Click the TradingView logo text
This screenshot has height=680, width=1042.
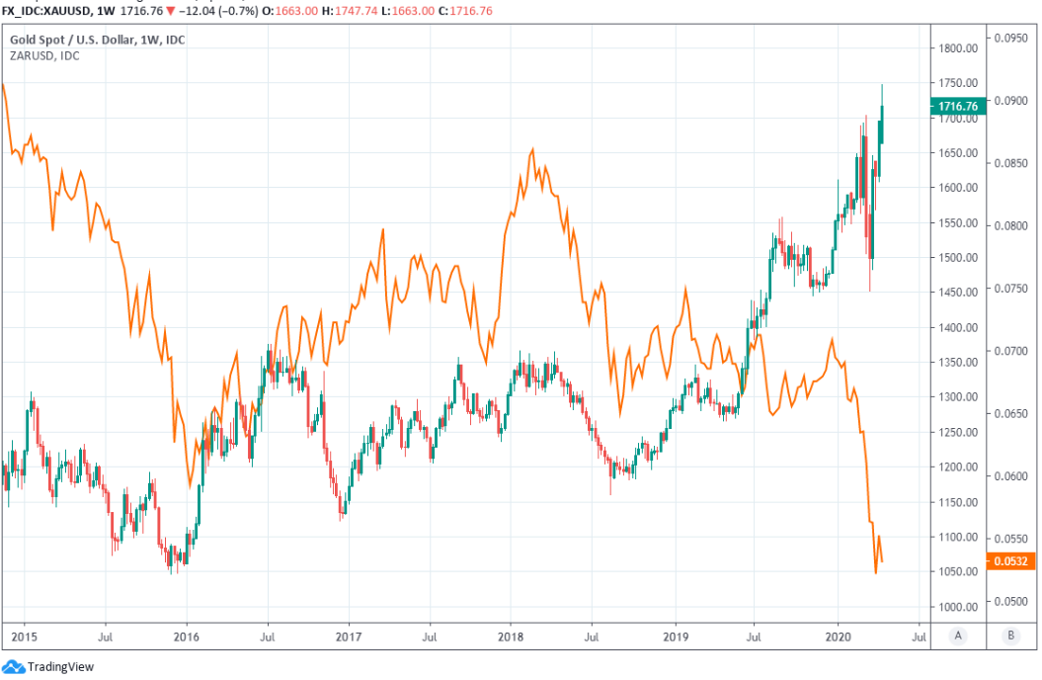[60, 667]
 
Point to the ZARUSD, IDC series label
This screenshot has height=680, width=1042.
[44, 56]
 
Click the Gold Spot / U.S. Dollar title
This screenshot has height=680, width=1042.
[98, 41]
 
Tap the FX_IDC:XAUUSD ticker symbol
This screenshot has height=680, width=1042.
[49, 10]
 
